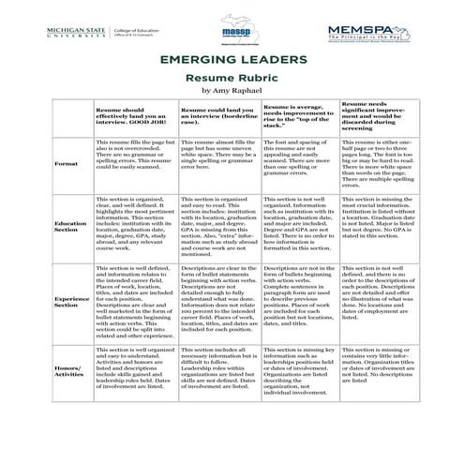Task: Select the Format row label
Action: point(67,163)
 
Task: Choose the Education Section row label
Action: point(69,229)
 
